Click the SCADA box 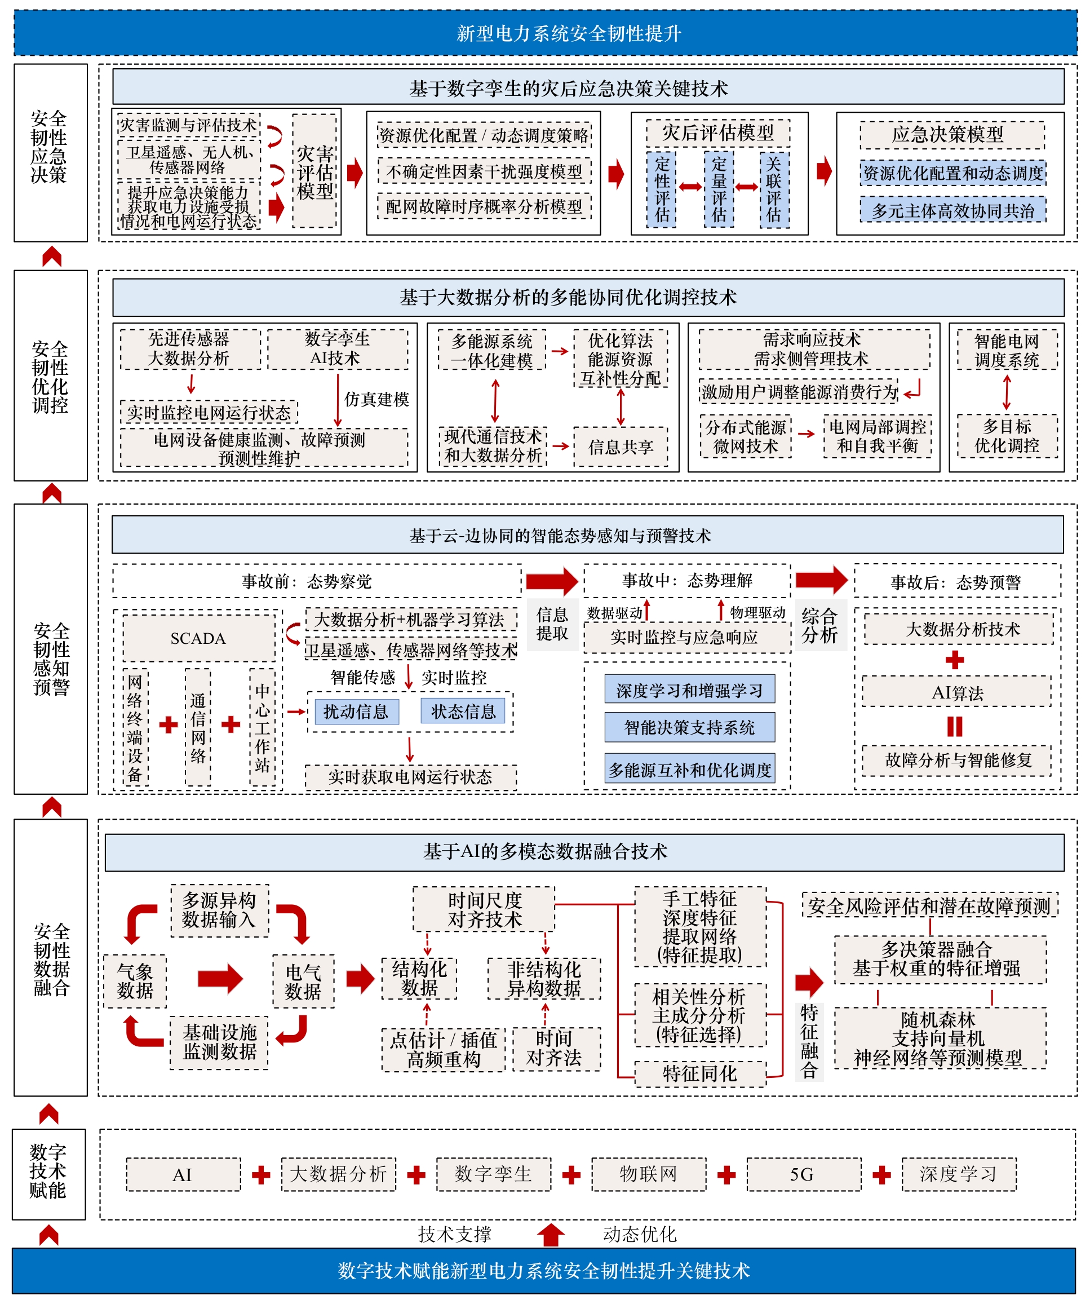coord(198,638)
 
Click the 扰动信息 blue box coord(356,711)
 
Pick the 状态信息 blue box coord(463,711)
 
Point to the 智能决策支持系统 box coord(690,727)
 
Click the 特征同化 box coord(700,1073)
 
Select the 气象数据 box coord(135,981)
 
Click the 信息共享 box coord(621,447)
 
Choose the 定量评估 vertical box coord(719,189)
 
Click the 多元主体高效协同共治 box coord(953,210)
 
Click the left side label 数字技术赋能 coord(48,1172)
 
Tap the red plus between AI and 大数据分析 coord(262,1175)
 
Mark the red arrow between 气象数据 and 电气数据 coord(220,979)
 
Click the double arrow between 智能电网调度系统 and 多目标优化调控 coord(1007,392)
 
